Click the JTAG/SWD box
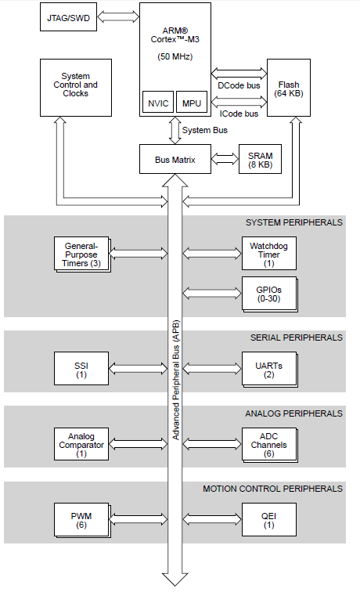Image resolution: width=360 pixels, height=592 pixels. coord(68,17)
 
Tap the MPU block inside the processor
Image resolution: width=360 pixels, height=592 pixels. coord(192,103)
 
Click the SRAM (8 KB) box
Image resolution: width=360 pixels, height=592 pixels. coord(260,161)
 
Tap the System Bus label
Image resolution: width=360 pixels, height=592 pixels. coord(207,130)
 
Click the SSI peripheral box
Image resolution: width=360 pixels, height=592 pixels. coord(81,368)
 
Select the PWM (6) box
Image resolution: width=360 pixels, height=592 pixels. coord(81,519)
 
